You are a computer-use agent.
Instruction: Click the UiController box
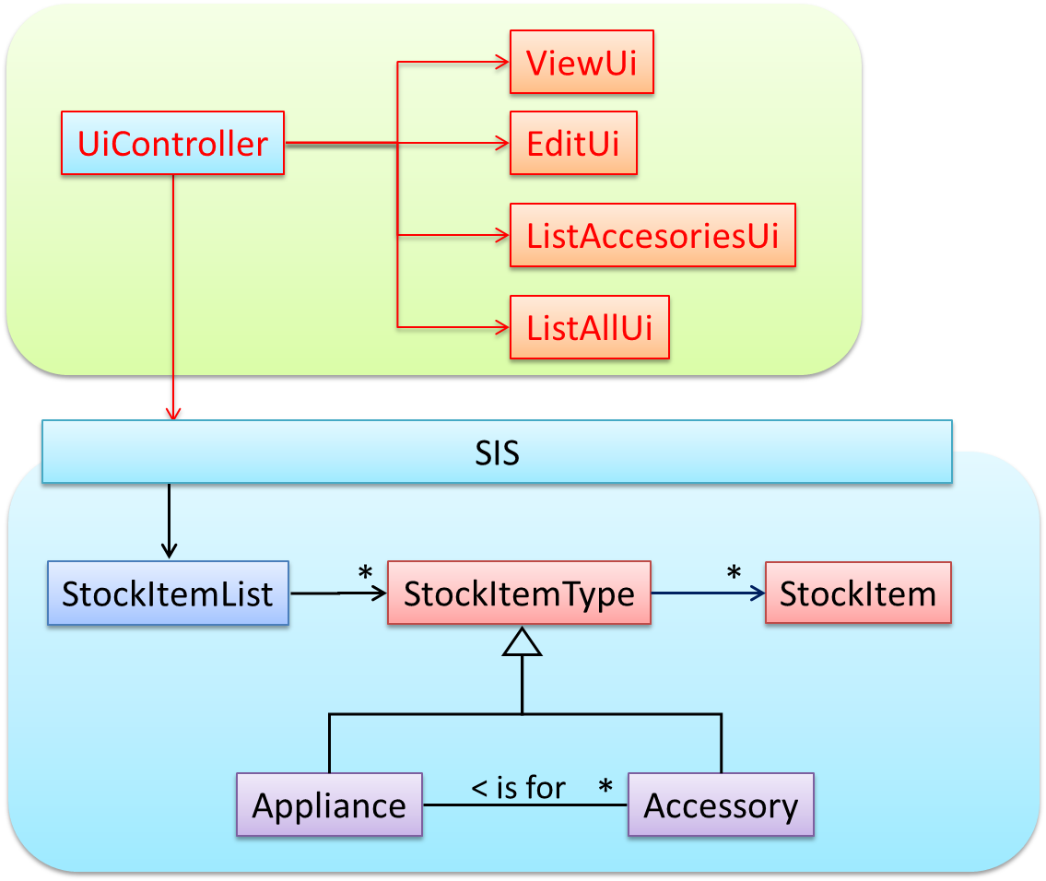tap(172, 144)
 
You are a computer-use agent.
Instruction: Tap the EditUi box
tap(572, 144)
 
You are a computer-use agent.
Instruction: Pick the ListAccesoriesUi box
tap(652, 236)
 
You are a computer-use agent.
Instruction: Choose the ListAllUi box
tap(589, 328)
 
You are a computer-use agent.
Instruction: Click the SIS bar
tap(497, 452)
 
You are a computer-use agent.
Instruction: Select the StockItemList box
tap(168, 593)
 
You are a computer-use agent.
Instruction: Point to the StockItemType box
tap(519, 593)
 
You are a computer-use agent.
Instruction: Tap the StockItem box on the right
tap(857, 593)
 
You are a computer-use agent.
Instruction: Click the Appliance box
tap(329, 805)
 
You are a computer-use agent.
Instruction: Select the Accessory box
tap(721, 805)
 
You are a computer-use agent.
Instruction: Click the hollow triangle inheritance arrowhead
tap(522, 642)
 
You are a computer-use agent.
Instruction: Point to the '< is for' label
tap(519, 788)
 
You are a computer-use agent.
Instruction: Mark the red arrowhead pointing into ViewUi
tap(502, 63)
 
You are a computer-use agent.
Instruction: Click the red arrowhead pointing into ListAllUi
tap(502, 326)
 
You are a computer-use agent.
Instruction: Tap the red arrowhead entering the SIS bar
tap(172, 412)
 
